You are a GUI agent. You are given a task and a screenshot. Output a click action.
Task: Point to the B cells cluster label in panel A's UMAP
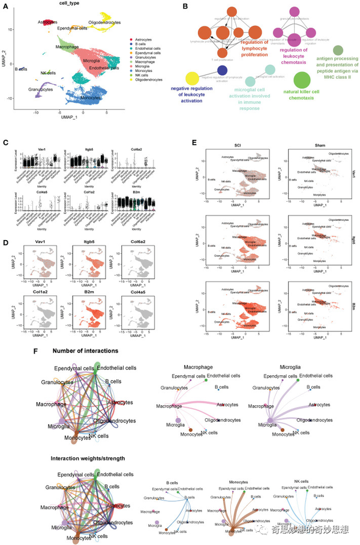coord(20,69)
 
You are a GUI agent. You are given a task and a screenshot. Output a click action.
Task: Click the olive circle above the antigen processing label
coord(338,50)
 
